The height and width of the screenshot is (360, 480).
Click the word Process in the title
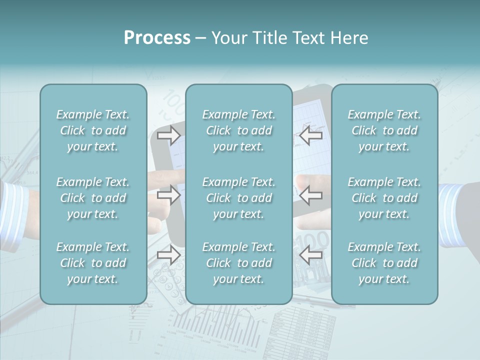(157, 38)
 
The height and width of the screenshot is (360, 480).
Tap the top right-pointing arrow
(169, 135)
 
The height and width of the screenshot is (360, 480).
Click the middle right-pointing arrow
(169, 195)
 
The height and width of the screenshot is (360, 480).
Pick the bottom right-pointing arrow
(169, 255)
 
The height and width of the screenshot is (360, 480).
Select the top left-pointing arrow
(311, 135)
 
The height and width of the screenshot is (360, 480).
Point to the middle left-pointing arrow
(311, 195)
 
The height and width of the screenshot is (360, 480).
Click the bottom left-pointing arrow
(311, 255)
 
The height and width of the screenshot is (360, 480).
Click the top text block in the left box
(93, 130)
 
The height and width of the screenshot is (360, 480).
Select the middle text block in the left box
(93, 198)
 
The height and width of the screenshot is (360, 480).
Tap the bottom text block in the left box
(93, 263)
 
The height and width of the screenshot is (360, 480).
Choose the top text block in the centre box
(239, 130)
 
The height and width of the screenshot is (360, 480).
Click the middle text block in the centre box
(239, 198)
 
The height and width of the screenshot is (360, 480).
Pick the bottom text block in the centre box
(239, 263)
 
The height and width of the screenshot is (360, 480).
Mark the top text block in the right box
(384, 130)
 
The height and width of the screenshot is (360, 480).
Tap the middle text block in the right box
(384, 198)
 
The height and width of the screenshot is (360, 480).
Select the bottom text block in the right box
(384, 263)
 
